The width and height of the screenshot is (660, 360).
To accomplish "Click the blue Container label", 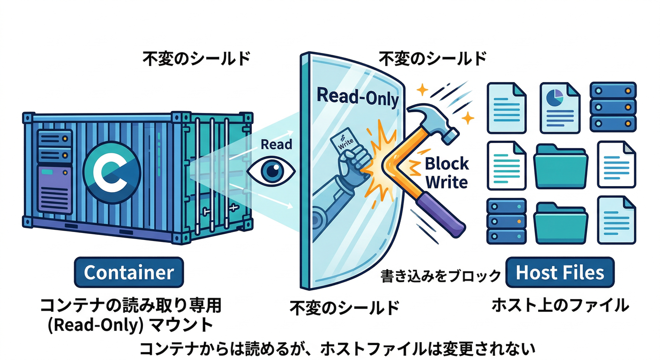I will coord(129,272).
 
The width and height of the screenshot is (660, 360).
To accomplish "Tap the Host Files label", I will coord(560,272).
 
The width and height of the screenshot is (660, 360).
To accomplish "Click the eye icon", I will coord(271,172).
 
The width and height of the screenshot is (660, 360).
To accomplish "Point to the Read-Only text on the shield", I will coord(358,97).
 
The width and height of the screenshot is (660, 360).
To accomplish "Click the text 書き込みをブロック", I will coord(440,276).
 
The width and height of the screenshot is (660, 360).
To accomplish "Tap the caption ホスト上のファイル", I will coord(560,306).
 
